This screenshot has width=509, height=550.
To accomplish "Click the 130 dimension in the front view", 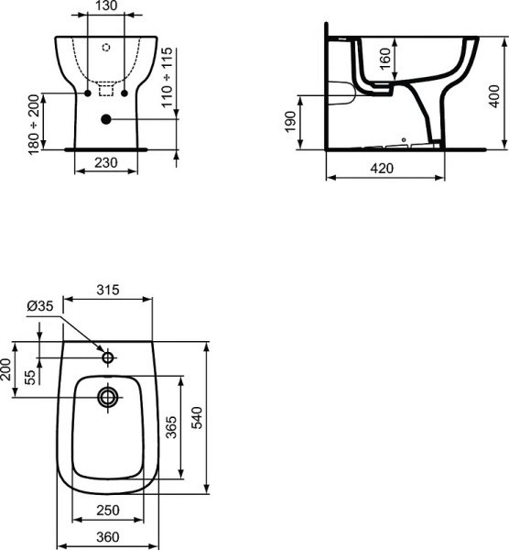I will pyautogui.click(x=107, y=7).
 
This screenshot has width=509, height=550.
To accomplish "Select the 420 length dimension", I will pyautogui.click(x=384, y=169).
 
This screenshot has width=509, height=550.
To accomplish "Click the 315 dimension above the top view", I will pyautogui.click(x=110, y=291).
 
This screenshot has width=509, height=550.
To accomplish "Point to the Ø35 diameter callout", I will pyautogui.click(x=39, y=307).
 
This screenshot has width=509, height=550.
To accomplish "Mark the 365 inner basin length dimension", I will pyautogui.click(x=171, y=427).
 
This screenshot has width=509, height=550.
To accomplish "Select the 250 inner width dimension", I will pyautogui.click(x=108, y=510).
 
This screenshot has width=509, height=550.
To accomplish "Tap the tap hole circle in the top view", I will pyautogui.click(x=108, y=357).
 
